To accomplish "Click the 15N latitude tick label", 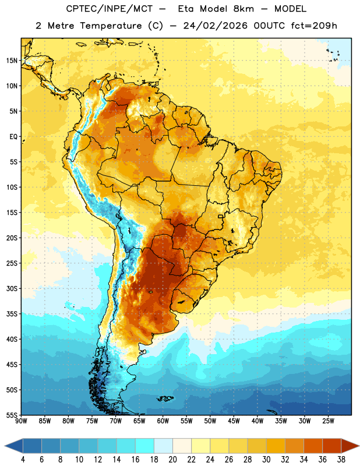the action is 11,61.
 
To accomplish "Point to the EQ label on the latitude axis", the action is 13,137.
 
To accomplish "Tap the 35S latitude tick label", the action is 12,314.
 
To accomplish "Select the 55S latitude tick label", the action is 12,415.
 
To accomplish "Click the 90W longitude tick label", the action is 21,421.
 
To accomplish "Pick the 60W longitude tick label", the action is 163,421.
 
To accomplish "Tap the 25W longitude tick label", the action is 328,421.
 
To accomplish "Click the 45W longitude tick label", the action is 234,421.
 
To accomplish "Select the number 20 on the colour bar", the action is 172,460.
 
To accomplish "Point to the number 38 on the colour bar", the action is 341,460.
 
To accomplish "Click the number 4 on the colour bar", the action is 23,460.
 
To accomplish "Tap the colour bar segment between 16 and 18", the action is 145,446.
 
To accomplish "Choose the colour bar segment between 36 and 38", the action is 332,446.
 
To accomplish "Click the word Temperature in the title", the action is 111,26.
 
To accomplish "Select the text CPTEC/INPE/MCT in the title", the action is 109,9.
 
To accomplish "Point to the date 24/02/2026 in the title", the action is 215,26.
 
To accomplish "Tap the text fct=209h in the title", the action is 314,26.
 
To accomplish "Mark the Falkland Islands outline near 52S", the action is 165,398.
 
